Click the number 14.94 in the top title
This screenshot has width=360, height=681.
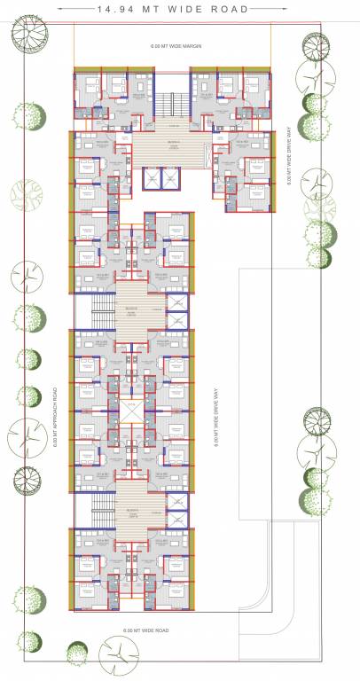point(113,12)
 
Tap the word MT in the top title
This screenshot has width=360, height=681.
point(160,12)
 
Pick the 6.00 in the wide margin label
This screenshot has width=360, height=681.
point(157,43)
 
